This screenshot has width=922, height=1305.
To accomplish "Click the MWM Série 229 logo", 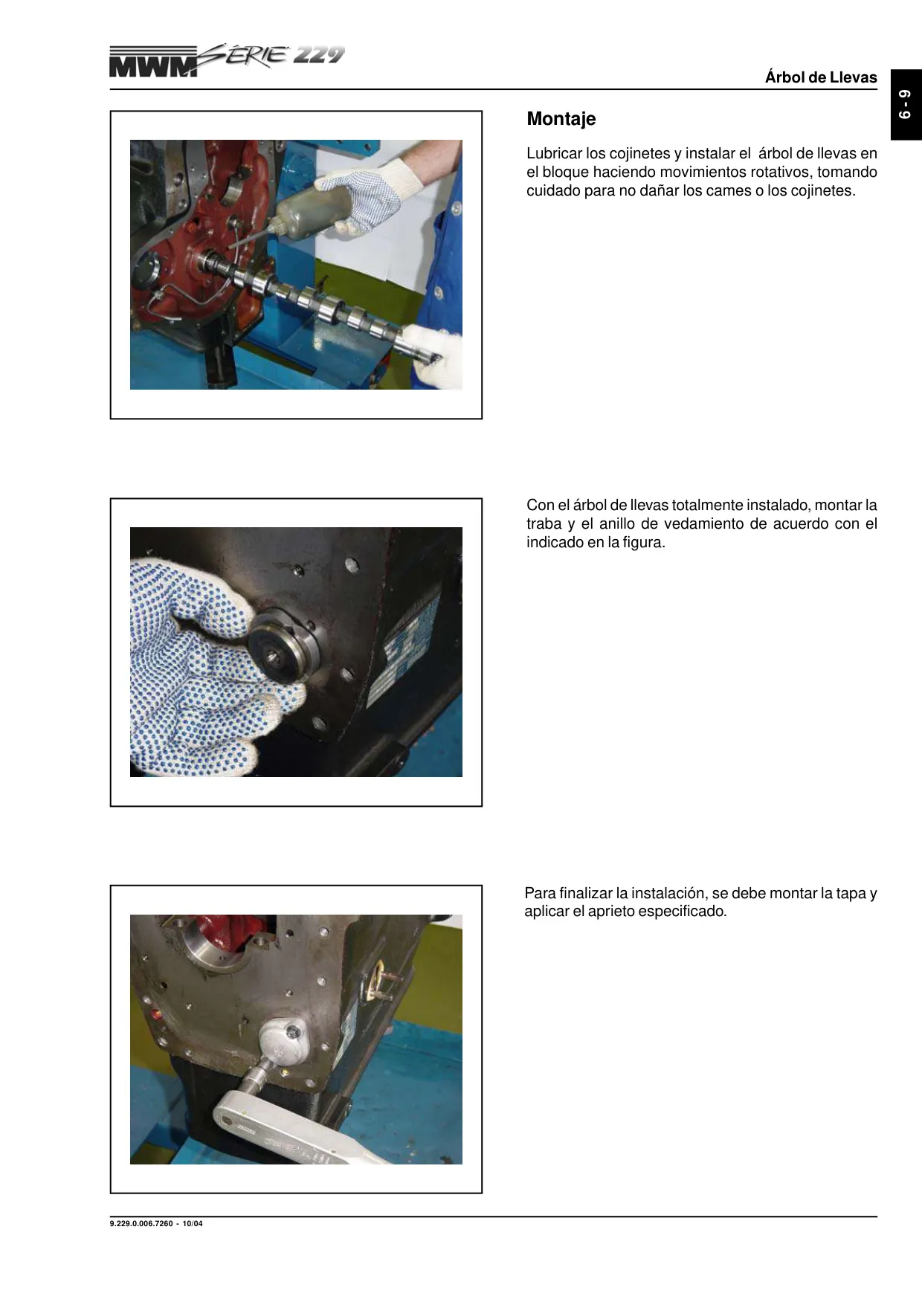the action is click(x=227, y=61).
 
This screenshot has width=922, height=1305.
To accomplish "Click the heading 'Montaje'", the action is click(x=561, y=119).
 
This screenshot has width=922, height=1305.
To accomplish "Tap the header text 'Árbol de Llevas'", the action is click(x=821, y=77).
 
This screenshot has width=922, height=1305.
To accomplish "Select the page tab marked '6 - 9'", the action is click(x=906, y=105).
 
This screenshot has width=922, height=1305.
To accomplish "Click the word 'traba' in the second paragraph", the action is click(x=544, y=524).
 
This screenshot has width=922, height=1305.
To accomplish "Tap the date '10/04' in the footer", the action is click(x=193, y=1223).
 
